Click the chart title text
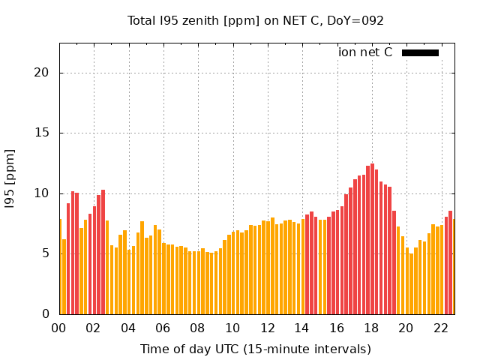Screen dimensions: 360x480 256,21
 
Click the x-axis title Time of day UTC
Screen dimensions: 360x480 256,349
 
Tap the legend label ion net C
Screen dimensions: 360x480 365,52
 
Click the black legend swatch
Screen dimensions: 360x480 420,52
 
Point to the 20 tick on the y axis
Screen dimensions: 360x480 43,73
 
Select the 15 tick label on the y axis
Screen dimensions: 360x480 43,133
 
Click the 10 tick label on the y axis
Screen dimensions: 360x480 43,193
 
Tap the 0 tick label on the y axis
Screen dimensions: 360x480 46,313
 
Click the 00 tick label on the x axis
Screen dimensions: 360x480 58,328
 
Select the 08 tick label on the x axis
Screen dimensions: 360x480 197,328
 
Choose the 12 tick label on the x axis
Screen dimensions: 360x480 267,328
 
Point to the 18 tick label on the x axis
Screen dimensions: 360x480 371,328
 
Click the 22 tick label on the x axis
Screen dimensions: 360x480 441,328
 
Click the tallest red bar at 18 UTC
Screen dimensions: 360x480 372,240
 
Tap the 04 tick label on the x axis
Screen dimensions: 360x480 128,328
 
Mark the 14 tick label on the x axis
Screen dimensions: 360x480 301,328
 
